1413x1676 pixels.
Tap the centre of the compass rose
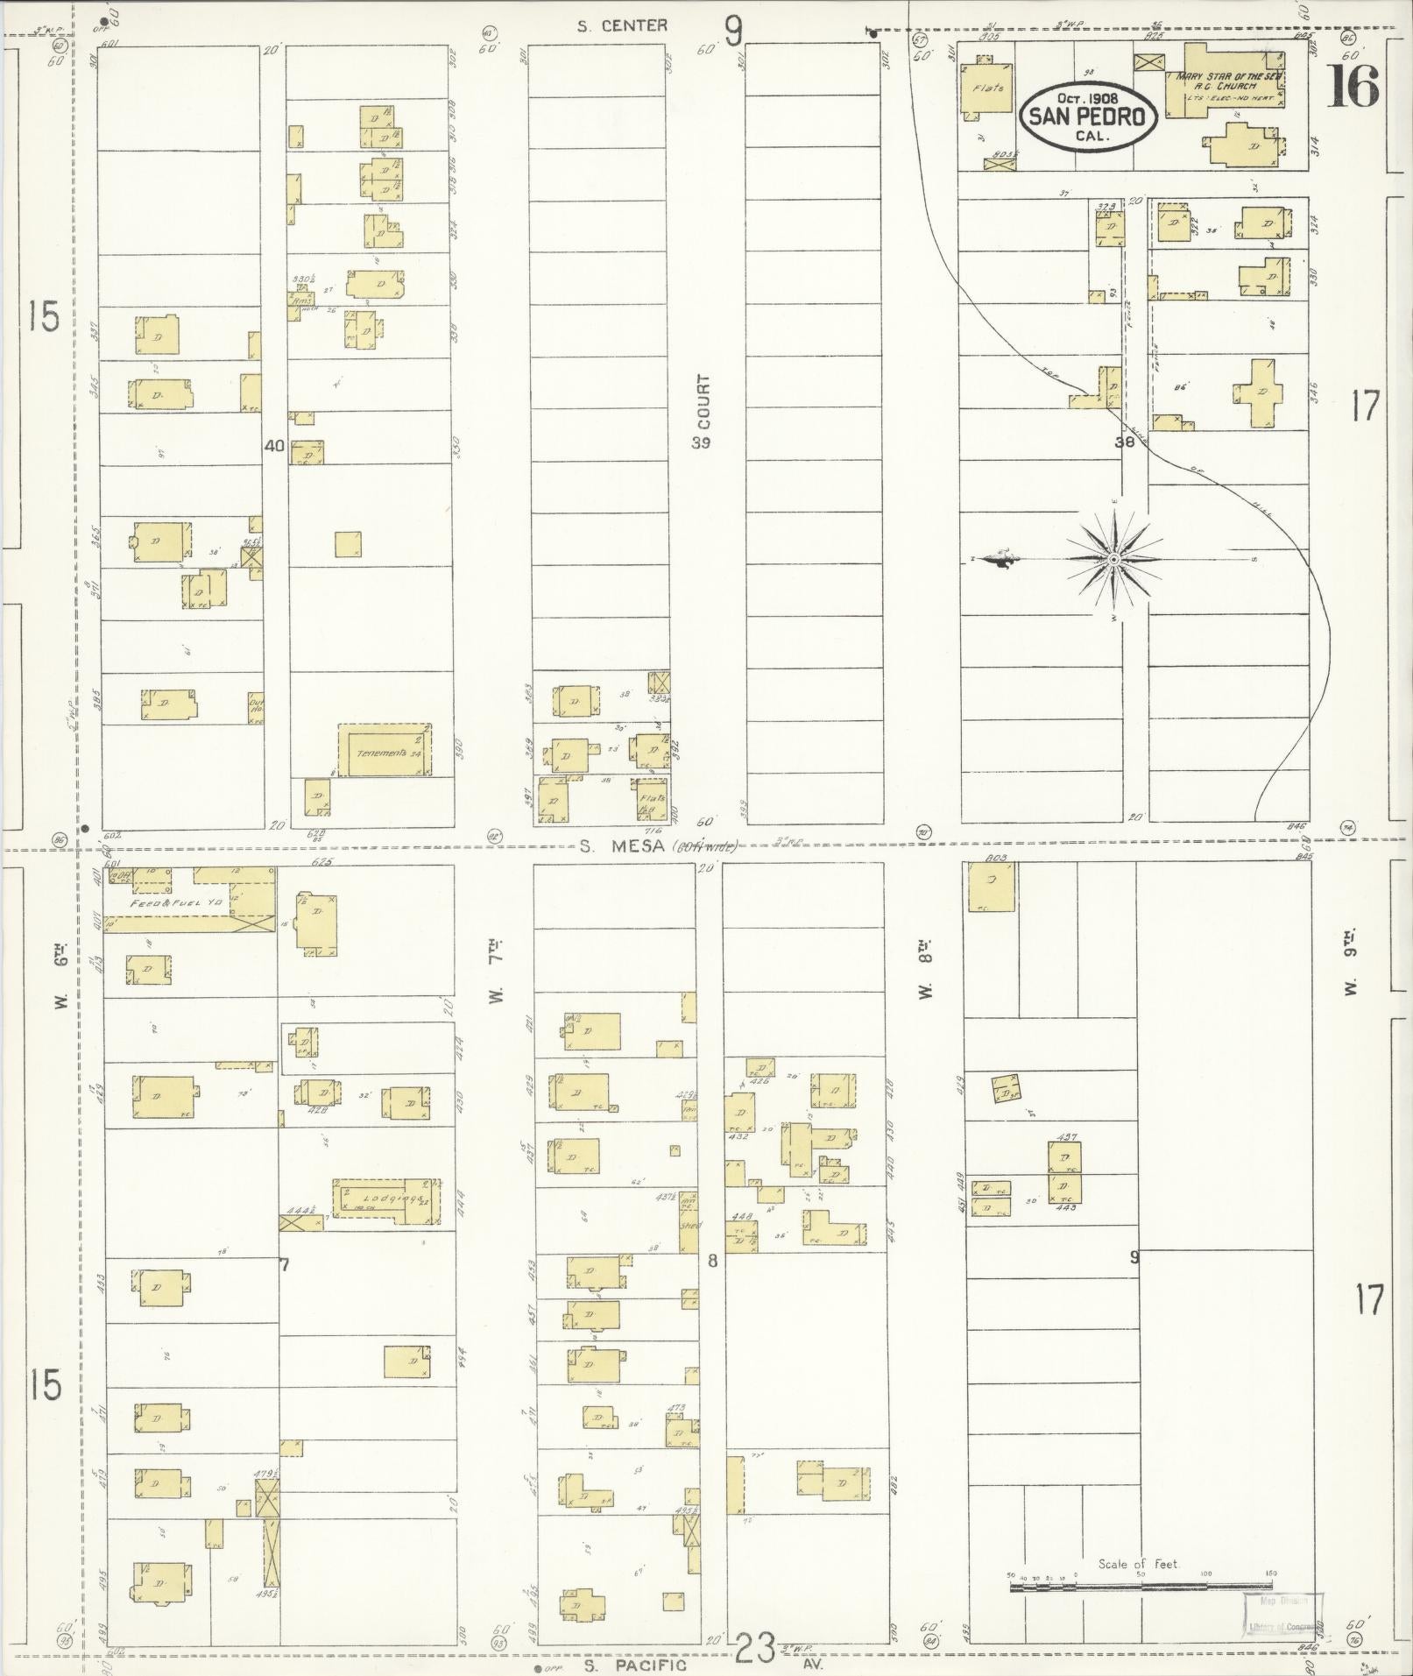pyautogui.click(x=1113, y=559)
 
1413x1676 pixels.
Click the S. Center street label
pyautogui.click(x=622, y=26)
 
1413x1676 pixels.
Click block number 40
pyautogui.click(x=274, y=445)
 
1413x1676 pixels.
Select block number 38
pyautogui.click(x=1124, y=442)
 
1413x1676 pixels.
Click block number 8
pyautogui.click(x=712, y=1261)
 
